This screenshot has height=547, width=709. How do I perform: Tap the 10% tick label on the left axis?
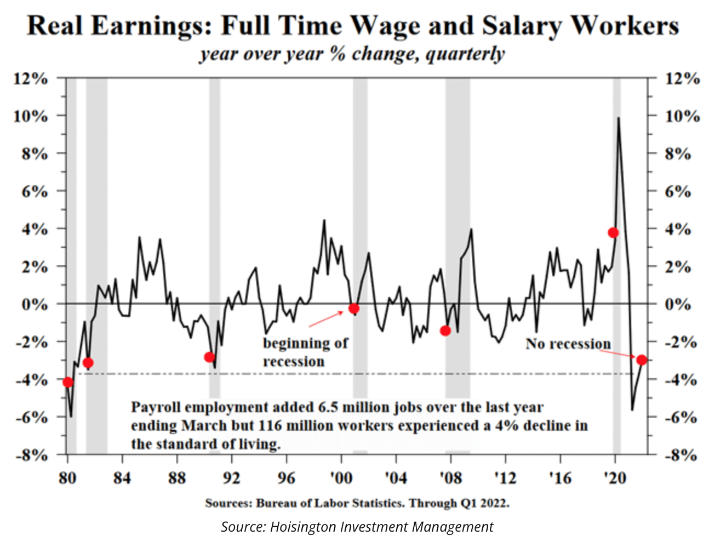31,116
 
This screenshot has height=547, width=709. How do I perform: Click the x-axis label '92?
231,478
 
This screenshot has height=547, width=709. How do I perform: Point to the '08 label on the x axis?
450,478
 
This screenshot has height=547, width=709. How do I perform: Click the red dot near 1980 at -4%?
68,382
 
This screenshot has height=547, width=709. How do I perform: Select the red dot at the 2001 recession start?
354,309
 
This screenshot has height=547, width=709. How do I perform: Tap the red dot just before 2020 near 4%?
613,232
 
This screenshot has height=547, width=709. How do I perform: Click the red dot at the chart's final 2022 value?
642,360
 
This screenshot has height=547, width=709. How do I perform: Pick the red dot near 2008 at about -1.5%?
445,331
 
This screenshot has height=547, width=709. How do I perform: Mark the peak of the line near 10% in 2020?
619,118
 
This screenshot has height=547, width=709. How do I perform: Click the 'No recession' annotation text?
568,344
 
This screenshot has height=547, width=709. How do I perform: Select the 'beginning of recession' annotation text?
305,352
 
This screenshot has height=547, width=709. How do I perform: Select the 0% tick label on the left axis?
34,304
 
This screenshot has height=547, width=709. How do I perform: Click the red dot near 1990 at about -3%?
209,357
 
